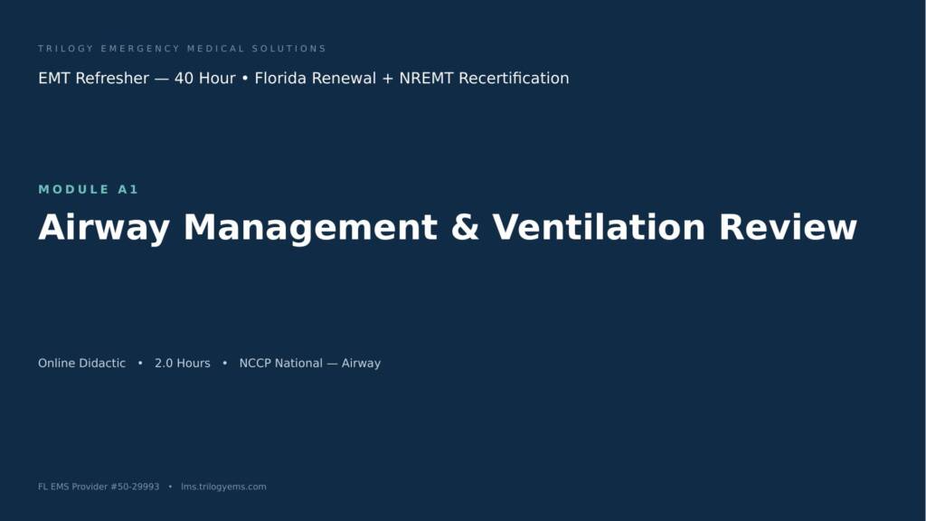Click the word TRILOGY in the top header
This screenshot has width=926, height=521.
(x=65, y=49)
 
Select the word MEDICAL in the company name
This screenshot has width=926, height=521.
(x=215, y=49)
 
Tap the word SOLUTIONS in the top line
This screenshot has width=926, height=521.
(x=288, y=49)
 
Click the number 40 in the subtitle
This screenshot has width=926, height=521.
(x=184, y=78)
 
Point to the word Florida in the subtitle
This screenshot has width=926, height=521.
(x=281, y=78)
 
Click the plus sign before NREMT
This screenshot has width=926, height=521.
(x=387, y=79)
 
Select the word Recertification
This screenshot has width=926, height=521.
(x=514, y=78)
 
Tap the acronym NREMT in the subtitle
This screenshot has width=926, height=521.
(x=427, y=78)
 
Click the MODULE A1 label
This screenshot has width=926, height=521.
(x=88, y=189)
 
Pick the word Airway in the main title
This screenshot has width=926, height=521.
(x=104, y=228)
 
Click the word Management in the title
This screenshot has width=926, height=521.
(x=311, y=228)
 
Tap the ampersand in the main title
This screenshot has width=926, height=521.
(x=465, y=227)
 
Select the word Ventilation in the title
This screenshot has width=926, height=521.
(x=599, y=227)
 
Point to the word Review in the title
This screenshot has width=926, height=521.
(x=788, y=227)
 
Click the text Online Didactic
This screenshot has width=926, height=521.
(x=81, y=364)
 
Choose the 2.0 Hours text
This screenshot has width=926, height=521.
(x=183, y=364)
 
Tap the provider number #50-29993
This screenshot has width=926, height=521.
(x=135, y=487)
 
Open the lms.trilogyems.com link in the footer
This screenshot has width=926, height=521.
(x=223, y=487)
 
